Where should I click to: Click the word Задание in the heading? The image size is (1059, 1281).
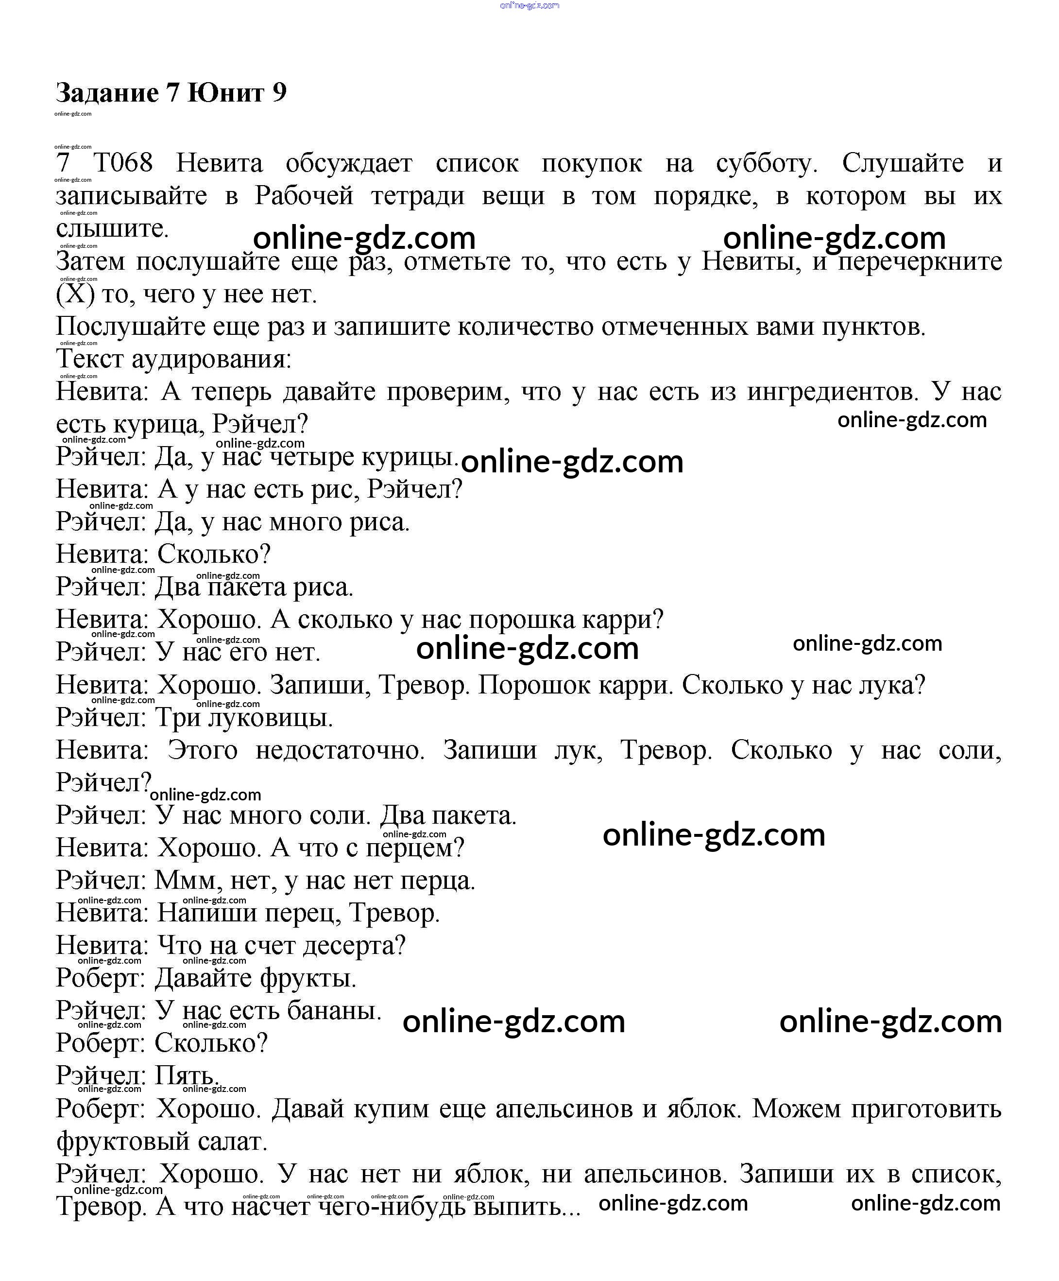[107, 93]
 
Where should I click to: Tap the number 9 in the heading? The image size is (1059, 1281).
[279, 93]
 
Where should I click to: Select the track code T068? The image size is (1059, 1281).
[122, 163]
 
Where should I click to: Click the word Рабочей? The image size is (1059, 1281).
[304, 196]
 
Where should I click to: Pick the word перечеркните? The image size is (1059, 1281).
[920, 261]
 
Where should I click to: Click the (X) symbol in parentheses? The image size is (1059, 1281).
[75, 294]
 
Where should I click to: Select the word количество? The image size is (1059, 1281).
[529, 327]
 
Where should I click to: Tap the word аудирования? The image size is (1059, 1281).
[211, 359]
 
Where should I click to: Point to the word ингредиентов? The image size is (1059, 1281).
[832, 392]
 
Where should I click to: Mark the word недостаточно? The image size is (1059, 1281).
[340, 750]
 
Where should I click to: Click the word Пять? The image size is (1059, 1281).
[186, 1076]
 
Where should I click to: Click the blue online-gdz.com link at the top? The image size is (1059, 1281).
[529, 5]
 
